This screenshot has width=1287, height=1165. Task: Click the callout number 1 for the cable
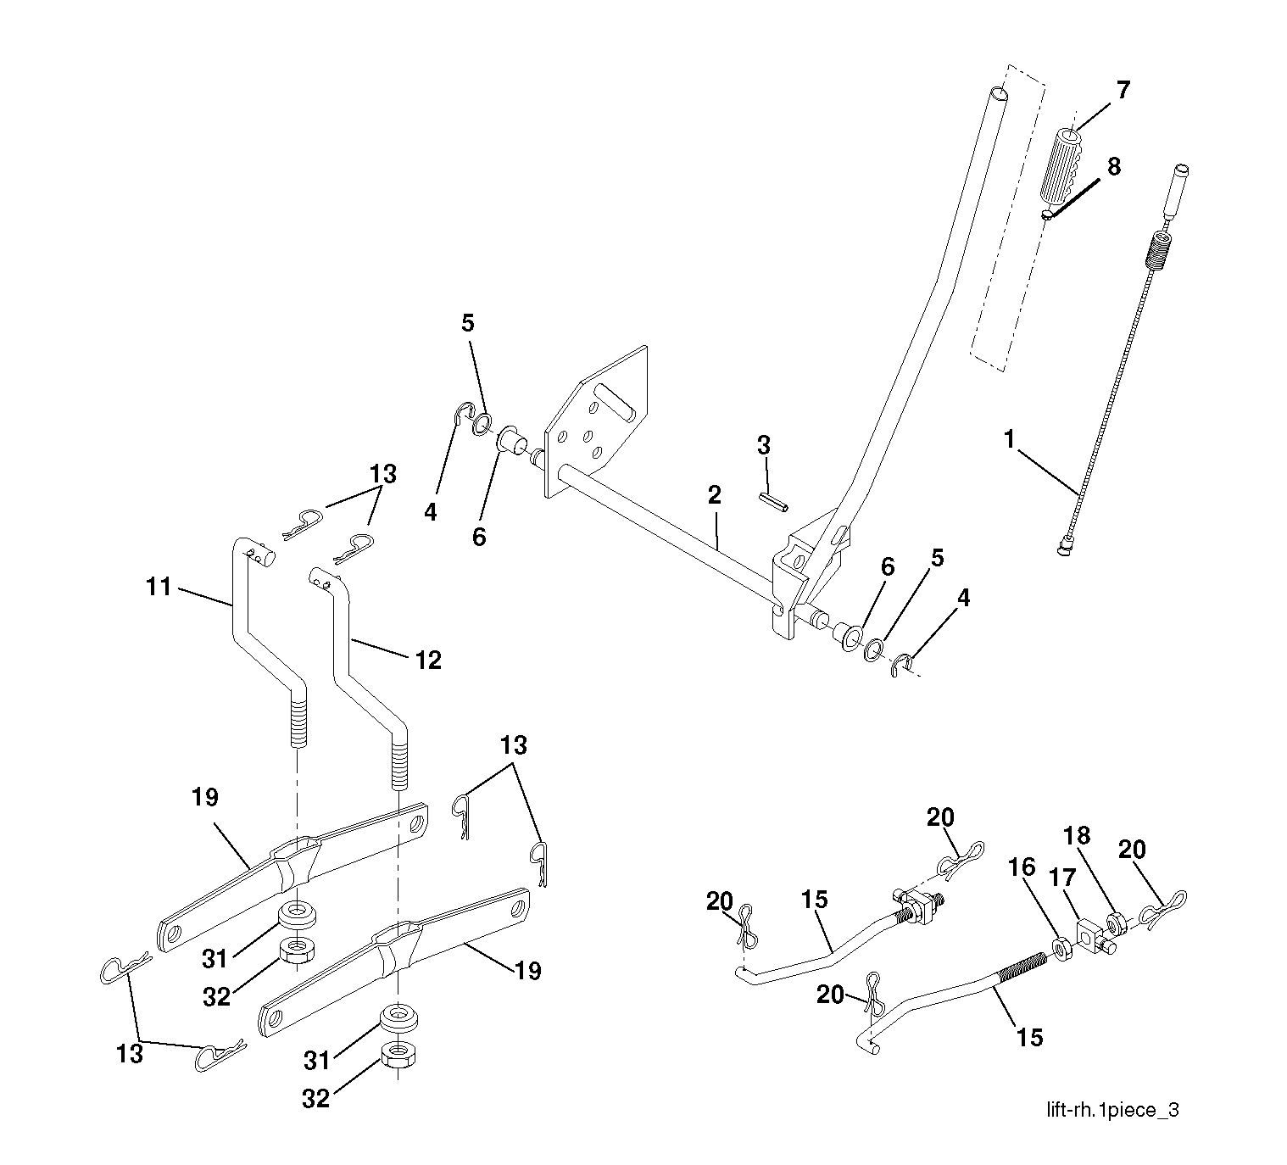pyautogui.click(x=1009, y=439)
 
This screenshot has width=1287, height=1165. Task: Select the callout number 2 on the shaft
pyautogui.click(x=714, y=495)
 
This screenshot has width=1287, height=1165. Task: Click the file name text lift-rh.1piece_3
pyautogui.click(x=1111, y=1109)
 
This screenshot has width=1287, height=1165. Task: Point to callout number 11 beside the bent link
pyautogui.click(x=159, y=586)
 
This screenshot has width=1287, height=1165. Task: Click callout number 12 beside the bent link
pyautogui.click(x=429, y=660)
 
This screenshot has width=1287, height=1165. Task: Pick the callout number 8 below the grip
pyautogui.click(x=1113, y=166)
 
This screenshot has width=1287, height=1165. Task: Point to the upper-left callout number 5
pyautogui.click(x=468, y=323)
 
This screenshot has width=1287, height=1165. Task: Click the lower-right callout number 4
pyautogui.click(x=962, y=598)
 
